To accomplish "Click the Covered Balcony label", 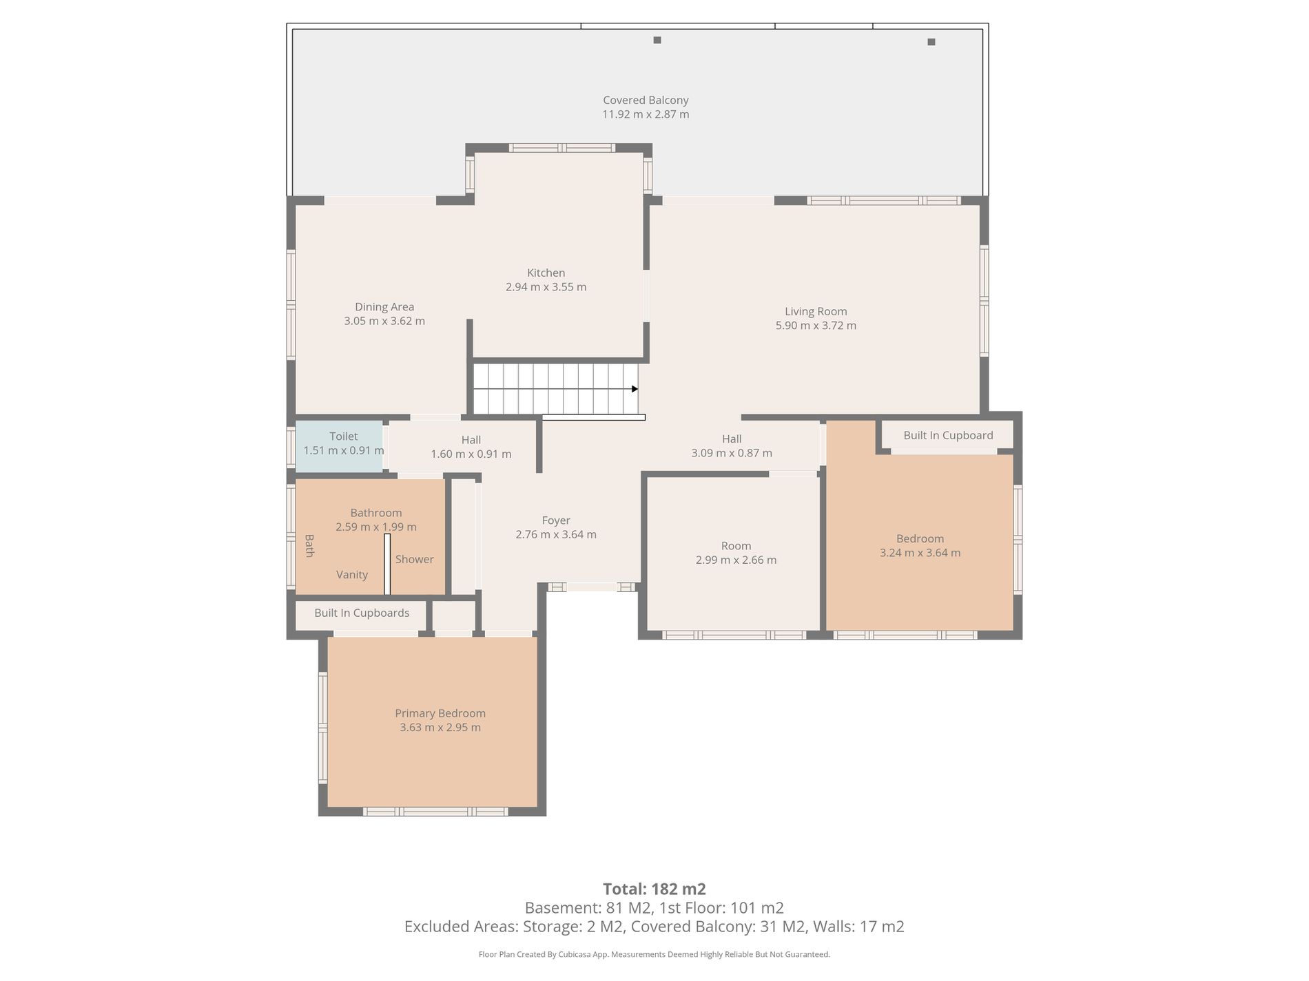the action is click(646, 101).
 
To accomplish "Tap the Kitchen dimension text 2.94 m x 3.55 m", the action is click(546, 287).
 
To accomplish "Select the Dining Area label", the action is click(384, 307).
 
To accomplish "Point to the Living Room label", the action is click(816, 312).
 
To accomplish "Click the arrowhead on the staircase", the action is click(635, 389).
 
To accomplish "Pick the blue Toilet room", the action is click(339, 446).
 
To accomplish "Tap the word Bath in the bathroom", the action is click(309, 546).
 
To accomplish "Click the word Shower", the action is click(414, 559).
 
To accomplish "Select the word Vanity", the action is click(352, 575).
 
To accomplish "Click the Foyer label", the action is click(556, 520).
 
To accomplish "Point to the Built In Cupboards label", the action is click(362, 613).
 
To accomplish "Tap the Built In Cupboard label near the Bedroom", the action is click(948, 435).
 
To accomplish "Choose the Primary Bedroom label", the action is click(440, 714).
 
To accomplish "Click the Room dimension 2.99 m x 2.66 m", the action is click(736, 560).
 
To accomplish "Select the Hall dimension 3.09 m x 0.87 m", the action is click(732, 453).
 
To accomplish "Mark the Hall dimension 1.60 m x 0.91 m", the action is click(471, 454).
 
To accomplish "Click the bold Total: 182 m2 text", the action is click(654, 889).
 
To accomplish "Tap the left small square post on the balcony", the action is click(657, 40).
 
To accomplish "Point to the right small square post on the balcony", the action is click(931, 42).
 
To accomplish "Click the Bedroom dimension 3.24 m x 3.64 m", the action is click(920, 553).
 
